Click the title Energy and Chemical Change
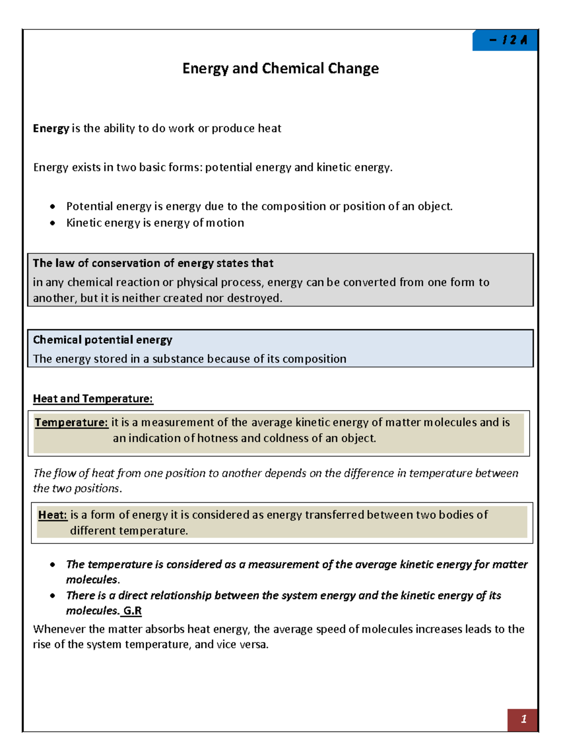click(280, 68)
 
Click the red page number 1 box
click(523, 719)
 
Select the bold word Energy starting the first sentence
click(50, 129)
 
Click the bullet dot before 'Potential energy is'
click(53, 207)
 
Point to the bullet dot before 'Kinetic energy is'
click(53, 223)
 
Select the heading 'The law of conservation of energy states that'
click(153, 263)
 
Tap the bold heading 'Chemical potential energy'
click(102, 340)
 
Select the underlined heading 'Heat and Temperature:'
click(93, 399)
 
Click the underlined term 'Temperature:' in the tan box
click(71, 422)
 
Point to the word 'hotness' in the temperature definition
click(217, 438)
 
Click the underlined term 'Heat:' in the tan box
click(52, 515)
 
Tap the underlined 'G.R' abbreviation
click(132, 611)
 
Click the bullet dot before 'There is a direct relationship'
click(53, 596)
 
